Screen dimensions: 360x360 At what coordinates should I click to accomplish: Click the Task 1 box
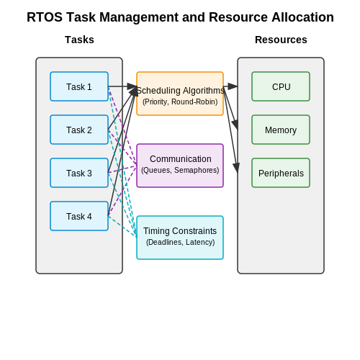[x=79, y=86]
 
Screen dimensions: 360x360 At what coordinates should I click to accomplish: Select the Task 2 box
[x=79, y=130]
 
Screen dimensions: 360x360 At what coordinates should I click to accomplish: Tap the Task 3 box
[x=79, y=173]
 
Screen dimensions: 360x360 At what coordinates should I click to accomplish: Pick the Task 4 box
[x=79, y=216]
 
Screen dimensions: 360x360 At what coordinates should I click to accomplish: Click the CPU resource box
[x=281, y=86]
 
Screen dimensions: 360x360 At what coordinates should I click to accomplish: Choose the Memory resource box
[x=281, y=130]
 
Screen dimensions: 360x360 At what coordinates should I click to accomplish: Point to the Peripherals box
[x=281, y=173]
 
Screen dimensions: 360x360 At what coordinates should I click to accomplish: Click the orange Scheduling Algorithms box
[x=180, y=94]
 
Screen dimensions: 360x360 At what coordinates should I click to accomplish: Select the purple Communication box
[x=180, y=166]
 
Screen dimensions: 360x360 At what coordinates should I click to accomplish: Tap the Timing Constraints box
[x=180, y=238]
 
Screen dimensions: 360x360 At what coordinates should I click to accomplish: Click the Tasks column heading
[x=79, y=40]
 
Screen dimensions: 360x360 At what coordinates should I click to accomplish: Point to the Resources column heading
[x=281, y=40]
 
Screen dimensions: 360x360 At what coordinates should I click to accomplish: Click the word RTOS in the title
[x=45, y=17]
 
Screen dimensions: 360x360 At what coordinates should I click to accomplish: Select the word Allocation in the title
[x=302, y=17]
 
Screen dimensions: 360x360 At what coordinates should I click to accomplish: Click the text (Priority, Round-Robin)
[x=180, y=102]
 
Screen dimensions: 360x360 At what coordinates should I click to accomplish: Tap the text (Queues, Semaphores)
[x=180, y=170]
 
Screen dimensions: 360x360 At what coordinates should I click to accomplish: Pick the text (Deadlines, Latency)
[x=180, y=242]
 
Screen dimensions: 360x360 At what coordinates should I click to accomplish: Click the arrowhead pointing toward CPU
[x=233, y=86]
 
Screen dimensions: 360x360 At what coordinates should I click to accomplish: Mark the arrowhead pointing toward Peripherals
[x=236, y=167]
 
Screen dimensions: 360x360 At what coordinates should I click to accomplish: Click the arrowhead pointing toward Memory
[x=235, y=125]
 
